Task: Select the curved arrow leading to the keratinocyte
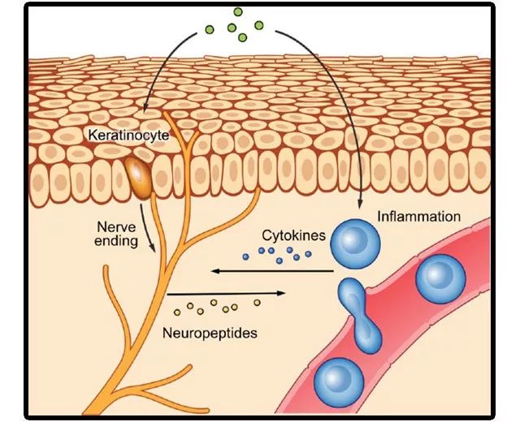click(x=162, y=73)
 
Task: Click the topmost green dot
click(x=238, y=12)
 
